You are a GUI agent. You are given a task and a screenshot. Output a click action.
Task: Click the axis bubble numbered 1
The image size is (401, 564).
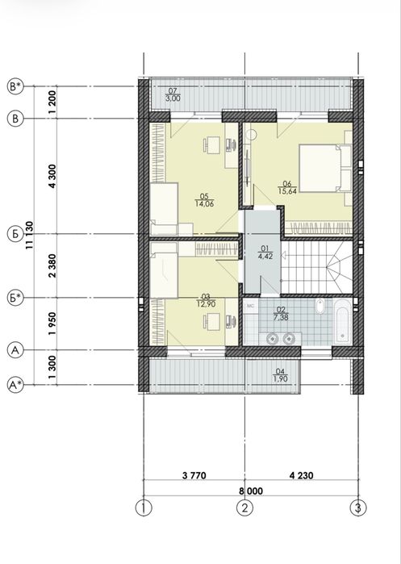pyautogui.click(x=144, y=508)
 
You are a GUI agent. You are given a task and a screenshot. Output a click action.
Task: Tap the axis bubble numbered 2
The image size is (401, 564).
pyautogui.click(x=244, y=508)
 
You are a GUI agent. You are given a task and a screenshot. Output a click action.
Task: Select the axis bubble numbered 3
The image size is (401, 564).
pyautogui.click(x=358, y=508)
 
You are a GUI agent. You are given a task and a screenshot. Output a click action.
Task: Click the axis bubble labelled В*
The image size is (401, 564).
pyautogui.click(x=15, y=86)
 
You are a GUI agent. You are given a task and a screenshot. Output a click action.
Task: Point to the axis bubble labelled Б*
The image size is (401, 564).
pyautogui.click(x=15, y=298)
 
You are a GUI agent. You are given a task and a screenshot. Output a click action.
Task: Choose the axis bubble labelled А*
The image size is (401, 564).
pyautogui.click(x=15, y=385)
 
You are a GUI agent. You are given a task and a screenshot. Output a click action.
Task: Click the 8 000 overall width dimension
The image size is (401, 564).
pyautogui.click(x=251, y=491)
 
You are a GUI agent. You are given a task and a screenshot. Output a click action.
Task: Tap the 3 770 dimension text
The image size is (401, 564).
pyautogui.click(x=194, y=475)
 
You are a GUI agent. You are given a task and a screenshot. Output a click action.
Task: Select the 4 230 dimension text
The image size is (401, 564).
pyautogui.click(x=302, y=475)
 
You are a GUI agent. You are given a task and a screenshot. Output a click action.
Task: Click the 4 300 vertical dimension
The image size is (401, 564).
pyautogui.click(x=52, y=176)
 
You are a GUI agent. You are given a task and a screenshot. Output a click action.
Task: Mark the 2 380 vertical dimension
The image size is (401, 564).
pyautogui.click(x=52, y=265)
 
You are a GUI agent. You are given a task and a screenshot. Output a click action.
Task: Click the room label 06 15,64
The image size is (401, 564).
pyautogui.click(x=287, y=187)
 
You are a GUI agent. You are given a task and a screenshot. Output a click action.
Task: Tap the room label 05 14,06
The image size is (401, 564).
pyautogui.click(x=204, y=200)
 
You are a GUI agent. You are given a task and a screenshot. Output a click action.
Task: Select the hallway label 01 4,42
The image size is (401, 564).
pyautogui.click(x=265, y=252)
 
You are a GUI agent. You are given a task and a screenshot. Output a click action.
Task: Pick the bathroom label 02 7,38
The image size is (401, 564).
pyautogui.click(x=281, y=314)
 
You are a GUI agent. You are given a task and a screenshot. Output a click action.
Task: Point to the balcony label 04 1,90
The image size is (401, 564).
pyautogui.click(x=281, y=375)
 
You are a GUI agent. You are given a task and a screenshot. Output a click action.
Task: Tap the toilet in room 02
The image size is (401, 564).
pyautogui.click(x=320, y=306)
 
